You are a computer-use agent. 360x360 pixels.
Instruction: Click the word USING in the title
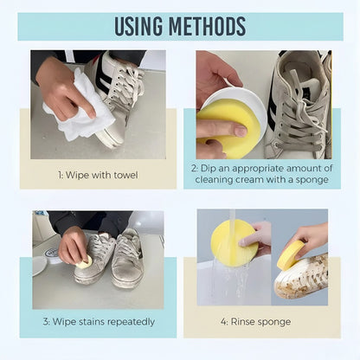coord(141,26)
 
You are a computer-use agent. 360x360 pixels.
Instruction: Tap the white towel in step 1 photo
coord(80,117)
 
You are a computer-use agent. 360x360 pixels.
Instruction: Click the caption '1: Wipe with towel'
coord(98,175)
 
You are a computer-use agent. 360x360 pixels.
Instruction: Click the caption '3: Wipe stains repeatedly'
coord(98,321)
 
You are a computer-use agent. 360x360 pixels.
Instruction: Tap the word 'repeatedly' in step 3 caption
coord(127,321)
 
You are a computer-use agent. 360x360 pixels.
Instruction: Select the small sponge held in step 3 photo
coord(85,260)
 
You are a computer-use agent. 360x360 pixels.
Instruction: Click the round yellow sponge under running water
coord(233,242)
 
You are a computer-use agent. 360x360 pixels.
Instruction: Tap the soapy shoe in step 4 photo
coord(303,275)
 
